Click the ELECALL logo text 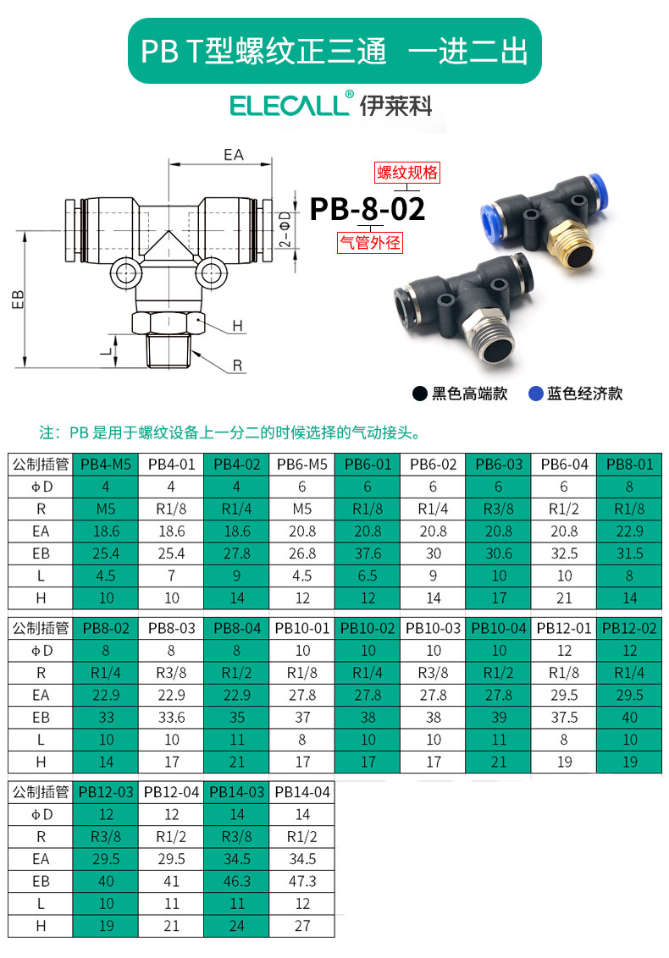pyautogui.click(x=290, y=104)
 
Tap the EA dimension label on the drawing pyautogui.click(x=234, y=155)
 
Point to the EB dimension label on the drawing pyautogui.click(x=18, y=300)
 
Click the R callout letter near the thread pyautogui.click(x=237, y=366)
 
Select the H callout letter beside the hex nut pyautogui.click(x=237, y=327)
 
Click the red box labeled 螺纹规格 pyautogui.click(x=407, y=173)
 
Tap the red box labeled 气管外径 pyautogui.click(x=370, y=243)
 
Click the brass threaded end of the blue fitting pyautogui.click(x=569, y=245)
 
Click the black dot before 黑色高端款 pyautogui.click(x=419, y=394)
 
